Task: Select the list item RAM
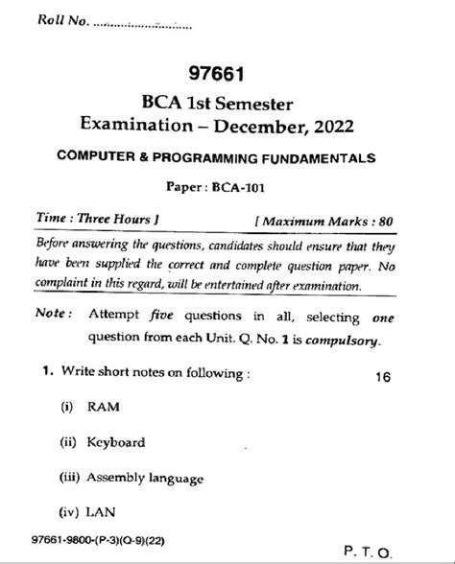pyautogui.click(x=103, y=408)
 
